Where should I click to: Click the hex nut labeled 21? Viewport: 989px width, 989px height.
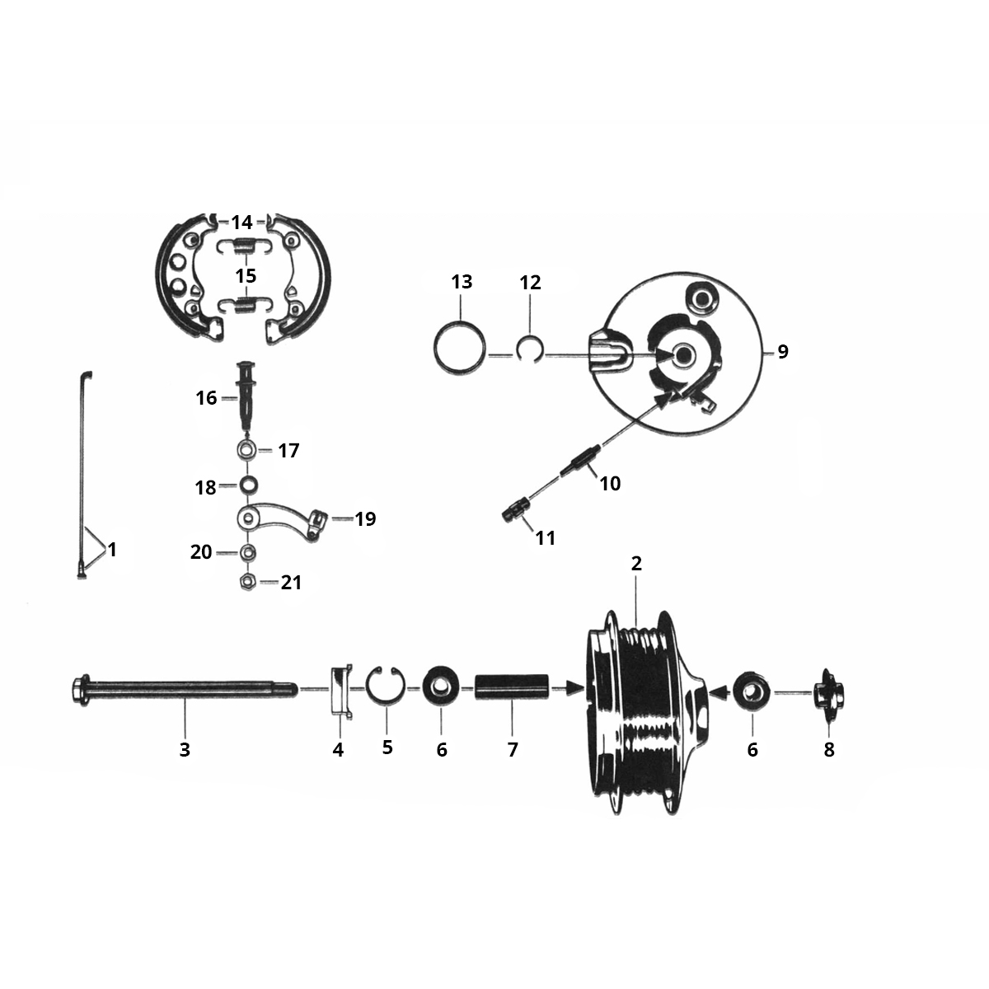click(x=246, y=582)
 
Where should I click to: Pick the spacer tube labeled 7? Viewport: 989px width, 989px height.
click(x=512, y=687)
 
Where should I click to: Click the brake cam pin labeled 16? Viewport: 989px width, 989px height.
click(x=246, y=395)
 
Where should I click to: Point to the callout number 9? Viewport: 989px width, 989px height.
click(x=782, y=352)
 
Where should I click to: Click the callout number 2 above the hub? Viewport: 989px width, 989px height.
click(x=636, y=564)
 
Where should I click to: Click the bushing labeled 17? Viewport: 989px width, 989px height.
click(x=246, y=451)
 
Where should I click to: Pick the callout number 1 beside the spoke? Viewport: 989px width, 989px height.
click(x=112, y=550)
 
